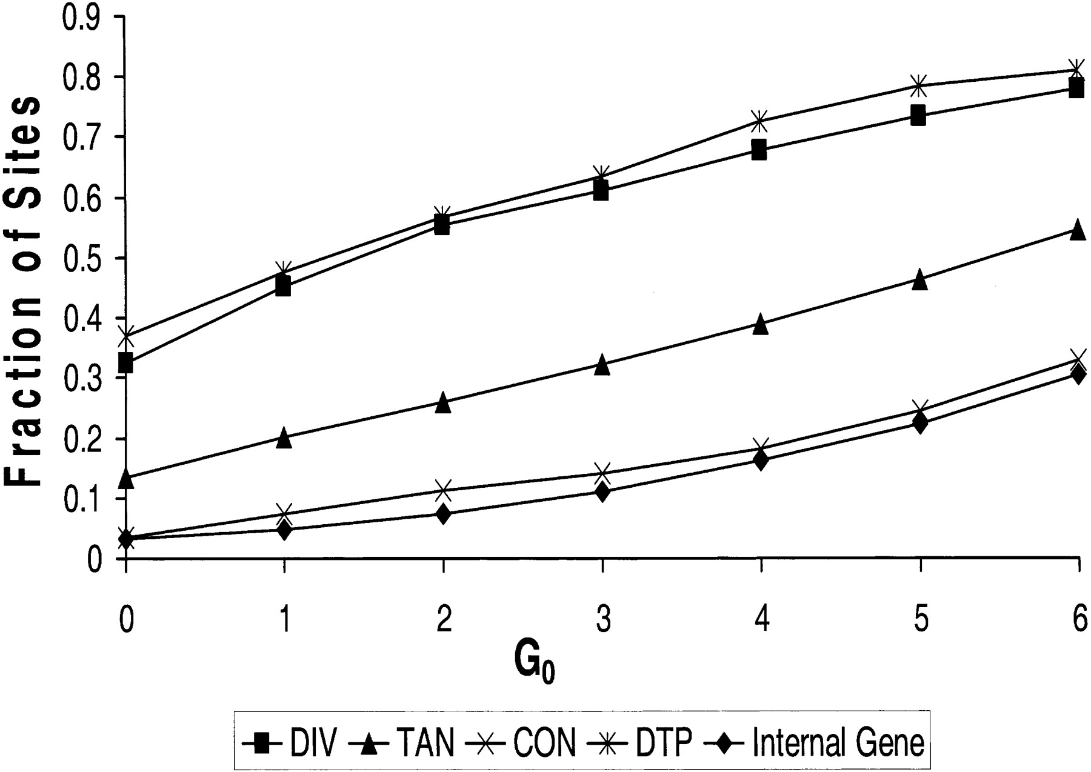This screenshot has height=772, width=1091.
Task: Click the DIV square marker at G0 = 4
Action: (x=759, y=150)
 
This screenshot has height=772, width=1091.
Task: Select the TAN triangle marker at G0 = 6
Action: (x=1077, y=230)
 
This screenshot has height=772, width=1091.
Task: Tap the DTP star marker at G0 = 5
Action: (x=919, y=85)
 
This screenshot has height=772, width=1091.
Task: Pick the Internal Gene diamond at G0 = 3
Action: (x=602, y=491)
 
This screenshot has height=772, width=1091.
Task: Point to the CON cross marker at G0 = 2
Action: (x=443, y=490)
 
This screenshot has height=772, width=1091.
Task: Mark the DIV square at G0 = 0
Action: (x=125, y=364)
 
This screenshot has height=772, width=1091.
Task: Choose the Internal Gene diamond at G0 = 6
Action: (x=1077, y=374)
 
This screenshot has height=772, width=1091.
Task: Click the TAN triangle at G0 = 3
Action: (x=602, y=365)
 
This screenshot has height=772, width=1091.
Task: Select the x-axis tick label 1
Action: (x=284, y=621)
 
